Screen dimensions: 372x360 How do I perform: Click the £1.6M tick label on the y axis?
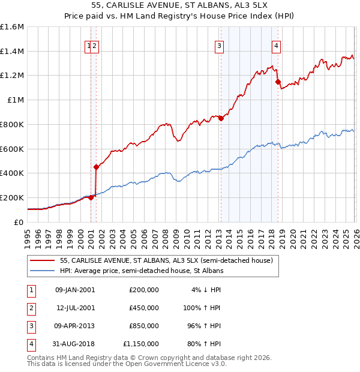point(12,27)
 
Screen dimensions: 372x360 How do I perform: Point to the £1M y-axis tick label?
point(15,100)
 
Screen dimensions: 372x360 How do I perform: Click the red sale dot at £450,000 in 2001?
point(96,167)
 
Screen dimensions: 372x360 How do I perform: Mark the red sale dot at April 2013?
point(221,118)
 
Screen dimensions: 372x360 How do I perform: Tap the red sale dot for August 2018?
point(278,82)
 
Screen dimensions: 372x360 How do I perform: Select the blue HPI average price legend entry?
point(141,271)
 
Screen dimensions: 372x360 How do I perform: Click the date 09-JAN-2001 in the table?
point(74,290)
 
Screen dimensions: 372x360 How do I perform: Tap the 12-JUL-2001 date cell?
point(74,308)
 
